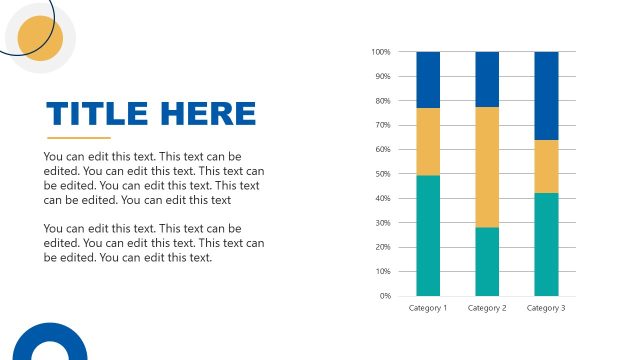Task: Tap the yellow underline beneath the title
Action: tap(79, 138)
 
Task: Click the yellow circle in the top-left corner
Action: tap(41, 39)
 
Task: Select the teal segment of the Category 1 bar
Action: tap(428, 236)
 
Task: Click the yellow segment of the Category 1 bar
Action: tap(428, 141)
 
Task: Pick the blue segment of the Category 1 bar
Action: tap(428, 80)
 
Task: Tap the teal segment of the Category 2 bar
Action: tap(487, 262)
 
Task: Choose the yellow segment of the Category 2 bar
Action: tap(487, 167)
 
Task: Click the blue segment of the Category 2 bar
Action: tap(487, 79)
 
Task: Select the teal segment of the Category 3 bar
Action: tap(546, 244)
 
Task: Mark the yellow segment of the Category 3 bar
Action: tap(546, 166)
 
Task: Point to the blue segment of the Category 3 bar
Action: tap(546, 96)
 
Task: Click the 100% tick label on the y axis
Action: tap(380, 52)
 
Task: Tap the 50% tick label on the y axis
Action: tap(382, 174)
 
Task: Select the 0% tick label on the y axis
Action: tap(384, 296)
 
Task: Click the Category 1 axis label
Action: tap(428, 308)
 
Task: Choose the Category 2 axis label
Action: tap(487, 308)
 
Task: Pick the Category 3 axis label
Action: tap(546, 308)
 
